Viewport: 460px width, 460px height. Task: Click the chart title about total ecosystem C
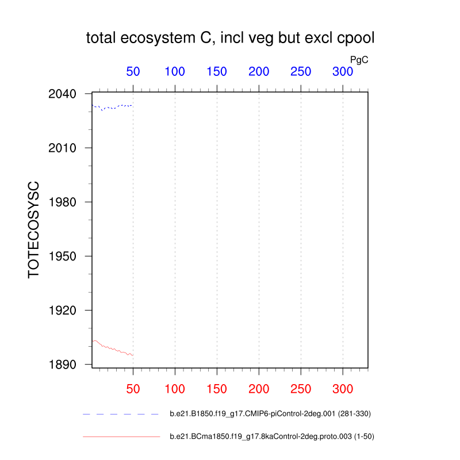point(230,39)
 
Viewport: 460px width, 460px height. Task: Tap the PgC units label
point(359,59)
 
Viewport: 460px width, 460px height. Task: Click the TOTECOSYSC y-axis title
point(34,229)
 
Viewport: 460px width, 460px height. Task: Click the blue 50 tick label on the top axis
point(133,72)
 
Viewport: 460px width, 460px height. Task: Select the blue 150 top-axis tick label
point(217,72)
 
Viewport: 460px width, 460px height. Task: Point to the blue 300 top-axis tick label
point(343,72)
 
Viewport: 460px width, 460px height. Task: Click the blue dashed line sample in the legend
point(121,414)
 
